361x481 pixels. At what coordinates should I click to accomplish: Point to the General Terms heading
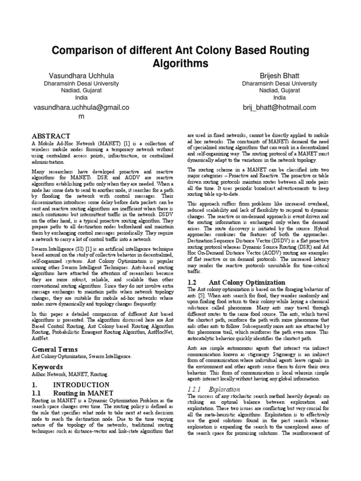pyautogui.click(x=54, y=349)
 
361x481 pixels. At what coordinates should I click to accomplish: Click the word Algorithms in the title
pyautogui.click(x=180, y=63)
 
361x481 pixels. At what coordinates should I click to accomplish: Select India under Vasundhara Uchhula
pyautogui.click(x=81, y=98)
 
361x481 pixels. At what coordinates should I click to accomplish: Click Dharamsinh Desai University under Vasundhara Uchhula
pyautogui.click(x=81, y=83)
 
